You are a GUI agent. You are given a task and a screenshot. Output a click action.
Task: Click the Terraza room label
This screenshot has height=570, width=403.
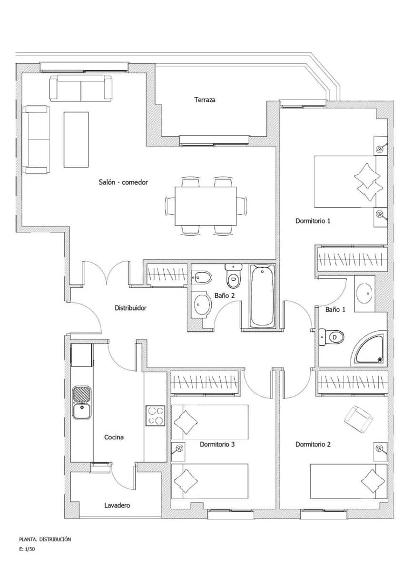click(x=205, y=100)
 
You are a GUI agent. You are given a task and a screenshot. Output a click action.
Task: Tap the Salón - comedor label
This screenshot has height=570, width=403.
click(x=123, y=182)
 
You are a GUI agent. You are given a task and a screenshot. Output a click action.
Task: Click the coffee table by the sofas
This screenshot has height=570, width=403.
click(x=76, y=139)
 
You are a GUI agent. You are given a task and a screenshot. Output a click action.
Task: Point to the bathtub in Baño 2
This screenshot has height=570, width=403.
click(x=262, y=295)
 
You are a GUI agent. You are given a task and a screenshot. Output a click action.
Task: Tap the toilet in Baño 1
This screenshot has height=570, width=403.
click(x=333, y=337)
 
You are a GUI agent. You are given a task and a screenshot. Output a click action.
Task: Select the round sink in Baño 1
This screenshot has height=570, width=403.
click(x=365, y=293)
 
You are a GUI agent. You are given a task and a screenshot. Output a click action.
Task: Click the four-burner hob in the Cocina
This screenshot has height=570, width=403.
click(x=155, y=416)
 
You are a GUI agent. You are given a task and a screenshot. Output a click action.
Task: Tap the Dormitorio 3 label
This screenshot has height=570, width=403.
click(x=217, y=445)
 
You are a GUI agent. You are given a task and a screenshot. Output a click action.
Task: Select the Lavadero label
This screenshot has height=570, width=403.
click(x=117, y=505)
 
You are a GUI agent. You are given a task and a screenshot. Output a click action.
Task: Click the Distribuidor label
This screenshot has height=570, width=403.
click(x=131, y=308)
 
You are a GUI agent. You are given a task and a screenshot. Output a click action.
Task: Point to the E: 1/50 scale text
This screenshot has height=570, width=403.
click(x=28, y=549)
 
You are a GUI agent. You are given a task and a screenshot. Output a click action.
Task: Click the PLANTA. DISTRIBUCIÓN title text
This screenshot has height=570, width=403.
click(x=45, y=539)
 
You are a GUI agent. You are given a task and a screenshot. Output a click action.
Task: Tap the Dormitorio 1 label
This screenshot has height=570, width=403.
click(x=313, y=221)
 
